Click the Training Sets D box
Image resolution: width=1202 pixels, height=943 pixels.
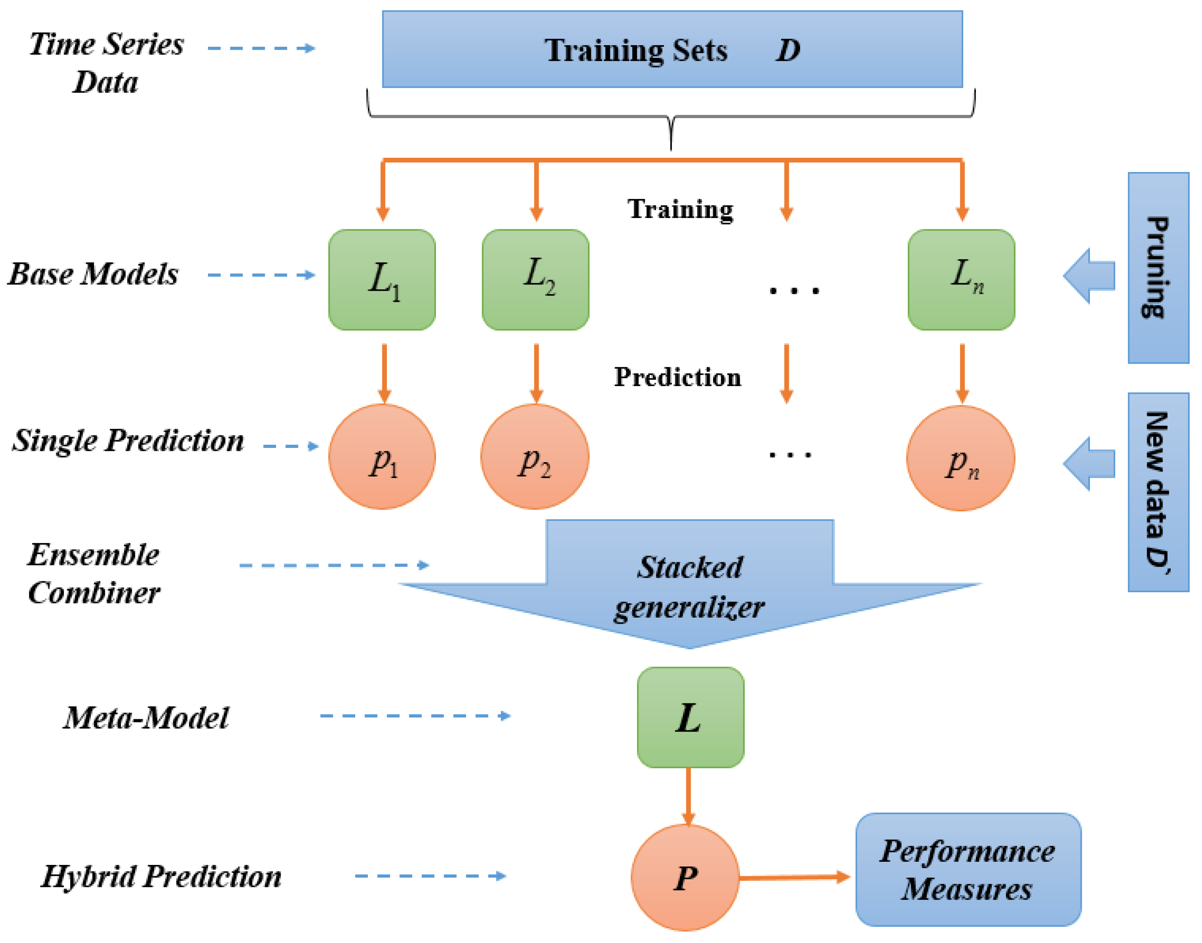672,49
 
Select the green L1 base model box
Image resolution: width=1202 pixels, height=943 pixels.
382,280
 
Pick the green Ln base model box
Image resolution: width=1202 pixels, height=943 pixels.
961,280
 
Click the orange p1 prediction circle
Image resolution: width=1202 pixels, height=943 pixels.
382,456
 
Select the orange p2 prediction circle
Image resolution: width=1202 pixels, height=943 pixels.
535,456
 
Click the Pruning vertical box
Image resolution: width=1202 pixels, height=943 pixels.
1158,268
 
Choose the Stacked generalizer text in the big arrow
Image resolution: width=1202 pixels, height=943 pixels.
689,587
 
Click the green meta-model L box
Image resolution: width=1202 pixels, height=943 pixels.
690,717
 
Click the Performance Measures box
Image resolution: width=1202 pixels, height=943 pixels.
968,870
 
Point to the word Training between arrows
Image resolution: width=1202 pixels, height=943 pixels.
680,209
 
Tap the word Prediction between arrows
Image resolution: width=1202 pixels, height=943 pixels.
678,377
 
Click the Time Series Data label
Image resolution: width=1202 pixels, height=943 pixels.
106,62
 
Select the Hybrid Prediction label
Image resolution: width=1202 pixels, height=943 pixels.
161,876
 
